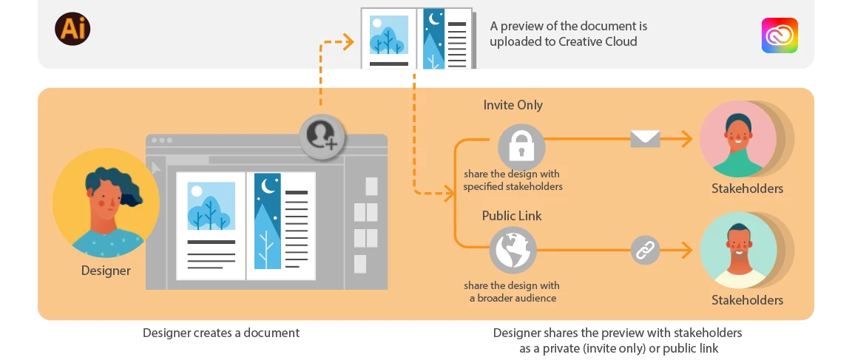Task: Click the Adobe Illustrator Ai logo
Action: coord(72,30)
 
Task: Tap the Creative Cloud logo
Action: coord(780,35)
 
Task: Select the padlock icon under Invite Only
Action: coord(521,147)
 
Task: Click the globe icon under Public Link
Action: coord(513,251)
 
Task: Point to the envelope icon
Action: coord(645,138)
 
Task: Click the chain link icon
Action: coord(645,251)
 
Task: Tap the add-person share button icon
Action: coord(322,135)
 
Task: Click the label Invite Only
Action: coord(513,105)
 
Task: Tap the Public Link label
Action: coord(512,216)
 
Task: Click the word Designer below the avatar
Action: coord(106,271)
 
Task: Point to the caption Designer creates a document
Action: coord(221,333)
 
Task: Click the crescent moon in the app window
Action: coord(268,186)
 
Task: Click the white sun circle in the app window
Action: coord(196,191)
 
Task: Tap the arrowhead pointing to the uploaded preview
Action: coord(348,43)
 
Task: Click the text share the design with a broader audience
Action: coord(512,292)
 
